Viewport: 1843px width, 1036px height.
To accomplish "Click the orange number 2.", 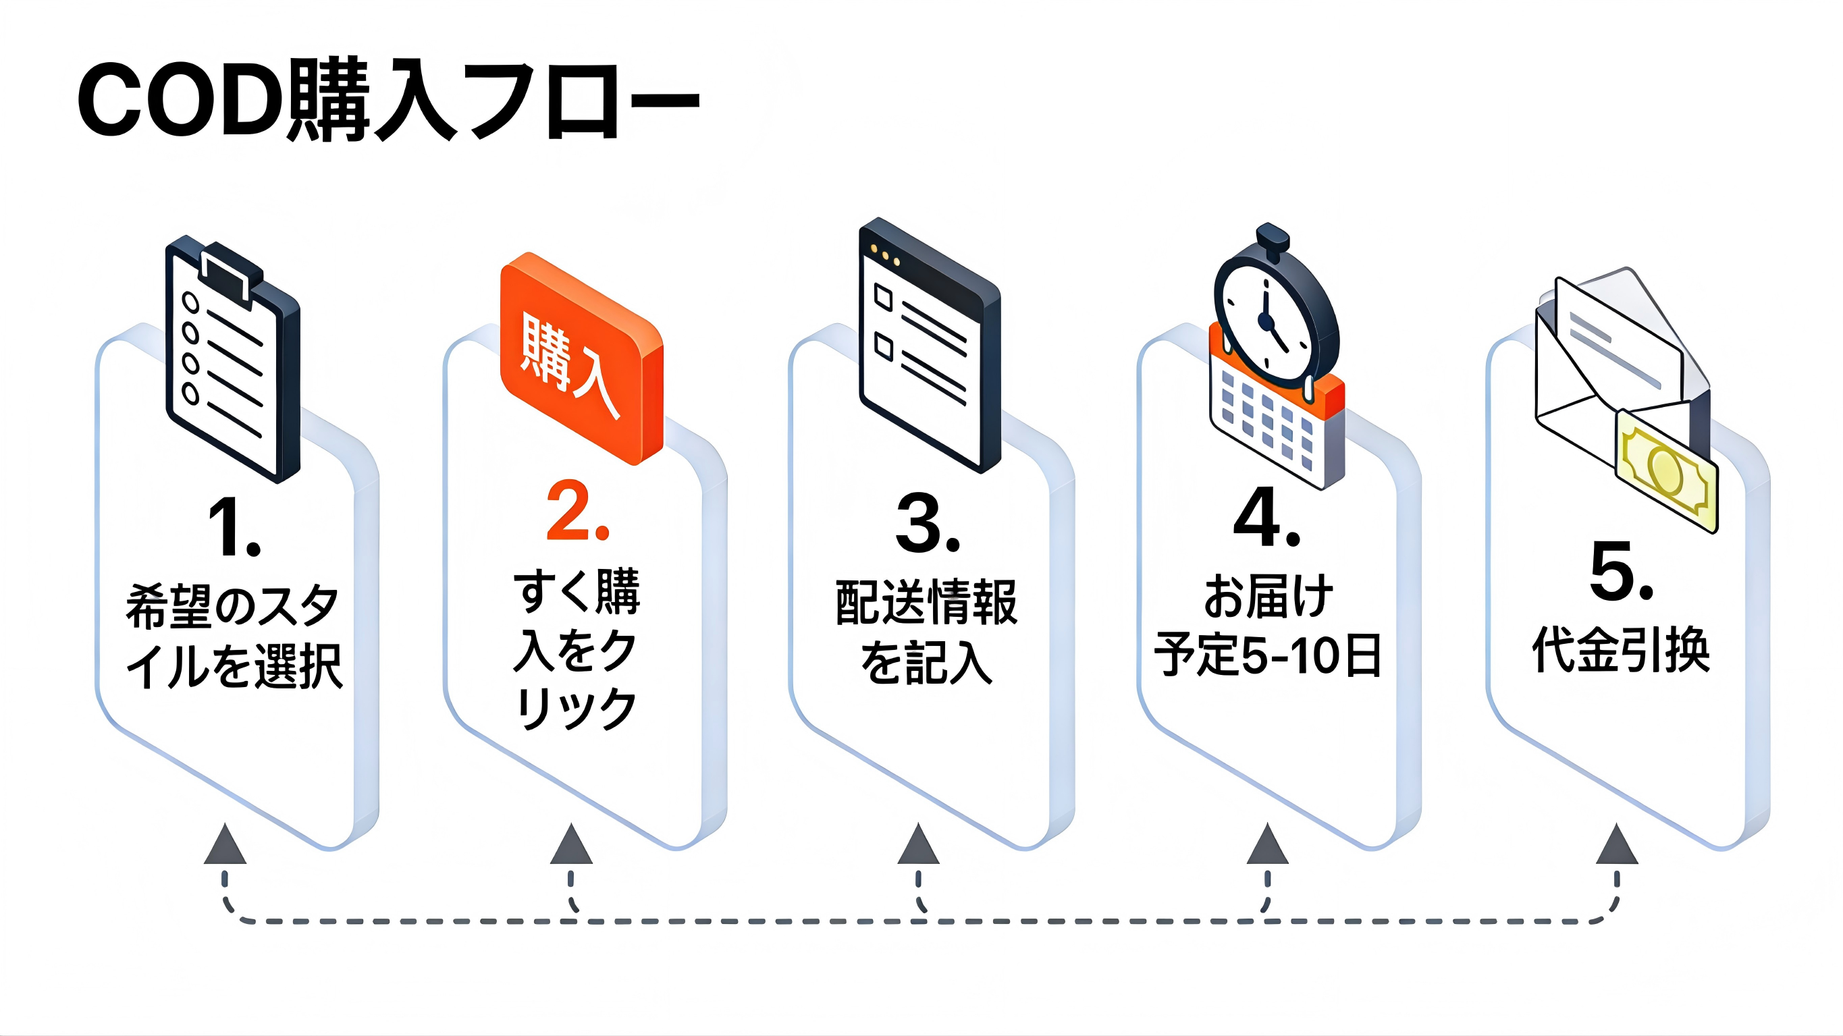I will point(577,512).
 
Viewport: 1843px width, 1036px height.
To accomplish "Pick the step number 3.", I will point(927,524).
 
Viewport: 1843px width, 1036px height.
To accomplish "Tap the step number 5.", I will point(1621,571).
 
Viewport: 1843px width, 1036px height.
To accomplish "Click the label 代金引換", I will point(1620,650).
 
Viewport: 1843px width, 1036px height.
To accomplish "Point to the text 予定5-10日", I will point(1267,655).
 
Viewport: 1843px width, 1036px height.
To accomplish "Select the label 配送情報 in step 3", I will point(926,603).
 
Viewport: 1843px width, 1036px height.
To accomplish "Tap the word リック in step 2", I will point(576,708).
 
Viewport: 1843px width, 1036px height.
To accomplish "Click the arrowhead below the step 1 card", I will point(225,845).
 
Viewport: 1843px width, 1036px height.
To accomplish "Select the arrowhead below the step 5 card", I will point(1617,845).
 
